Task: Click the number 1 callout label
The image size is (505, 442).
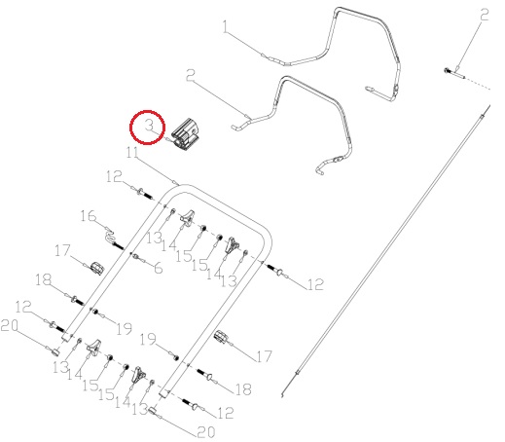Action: pyautogui.click(x=227, y=27)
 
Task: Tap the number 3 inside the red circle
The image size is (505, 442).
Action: pyautogui.click(x=149, y=126)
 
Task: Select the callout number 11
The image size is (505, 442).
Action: pyautogui.click(x=132, y=152)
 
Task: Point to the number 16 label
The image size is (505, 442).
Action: pyautogui.click(x=89, y=216)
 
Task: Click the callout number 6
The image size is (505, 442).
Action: pyautogui.click(x=159, y=268)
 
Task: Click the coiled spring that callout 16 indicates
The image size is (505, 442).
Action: pyautogui.click(x=110, y=237)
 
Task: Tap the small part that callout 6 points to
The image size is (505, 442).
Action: pyautogui.click(x=134, y=257)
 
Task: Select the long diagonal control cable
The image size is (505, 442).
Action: pyautogui.click(x=386, y=250)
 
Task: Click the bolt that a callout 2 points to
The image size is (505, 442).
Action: pyautogui.click(x=454, y=73)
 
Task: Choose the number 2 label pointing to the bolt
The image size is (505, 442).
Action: pyautogui.click(x=485, y=16)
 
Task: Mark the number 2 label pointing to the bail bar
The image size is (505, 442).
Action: pyautogui.click(x=191, y=75)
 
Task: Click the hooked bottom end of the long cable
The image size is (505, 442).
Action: pyautogui.click(x=283, y=394)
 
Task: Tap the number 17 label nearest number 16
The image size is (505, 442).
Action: pyautogui.click(x=62, y=250)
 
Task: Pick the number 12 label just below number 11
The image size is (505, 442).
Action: pyautogui.click(x=114, y=176)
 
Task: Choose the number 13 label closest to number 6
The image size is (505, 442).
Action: pyautogui.click(x=155, y=238)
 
